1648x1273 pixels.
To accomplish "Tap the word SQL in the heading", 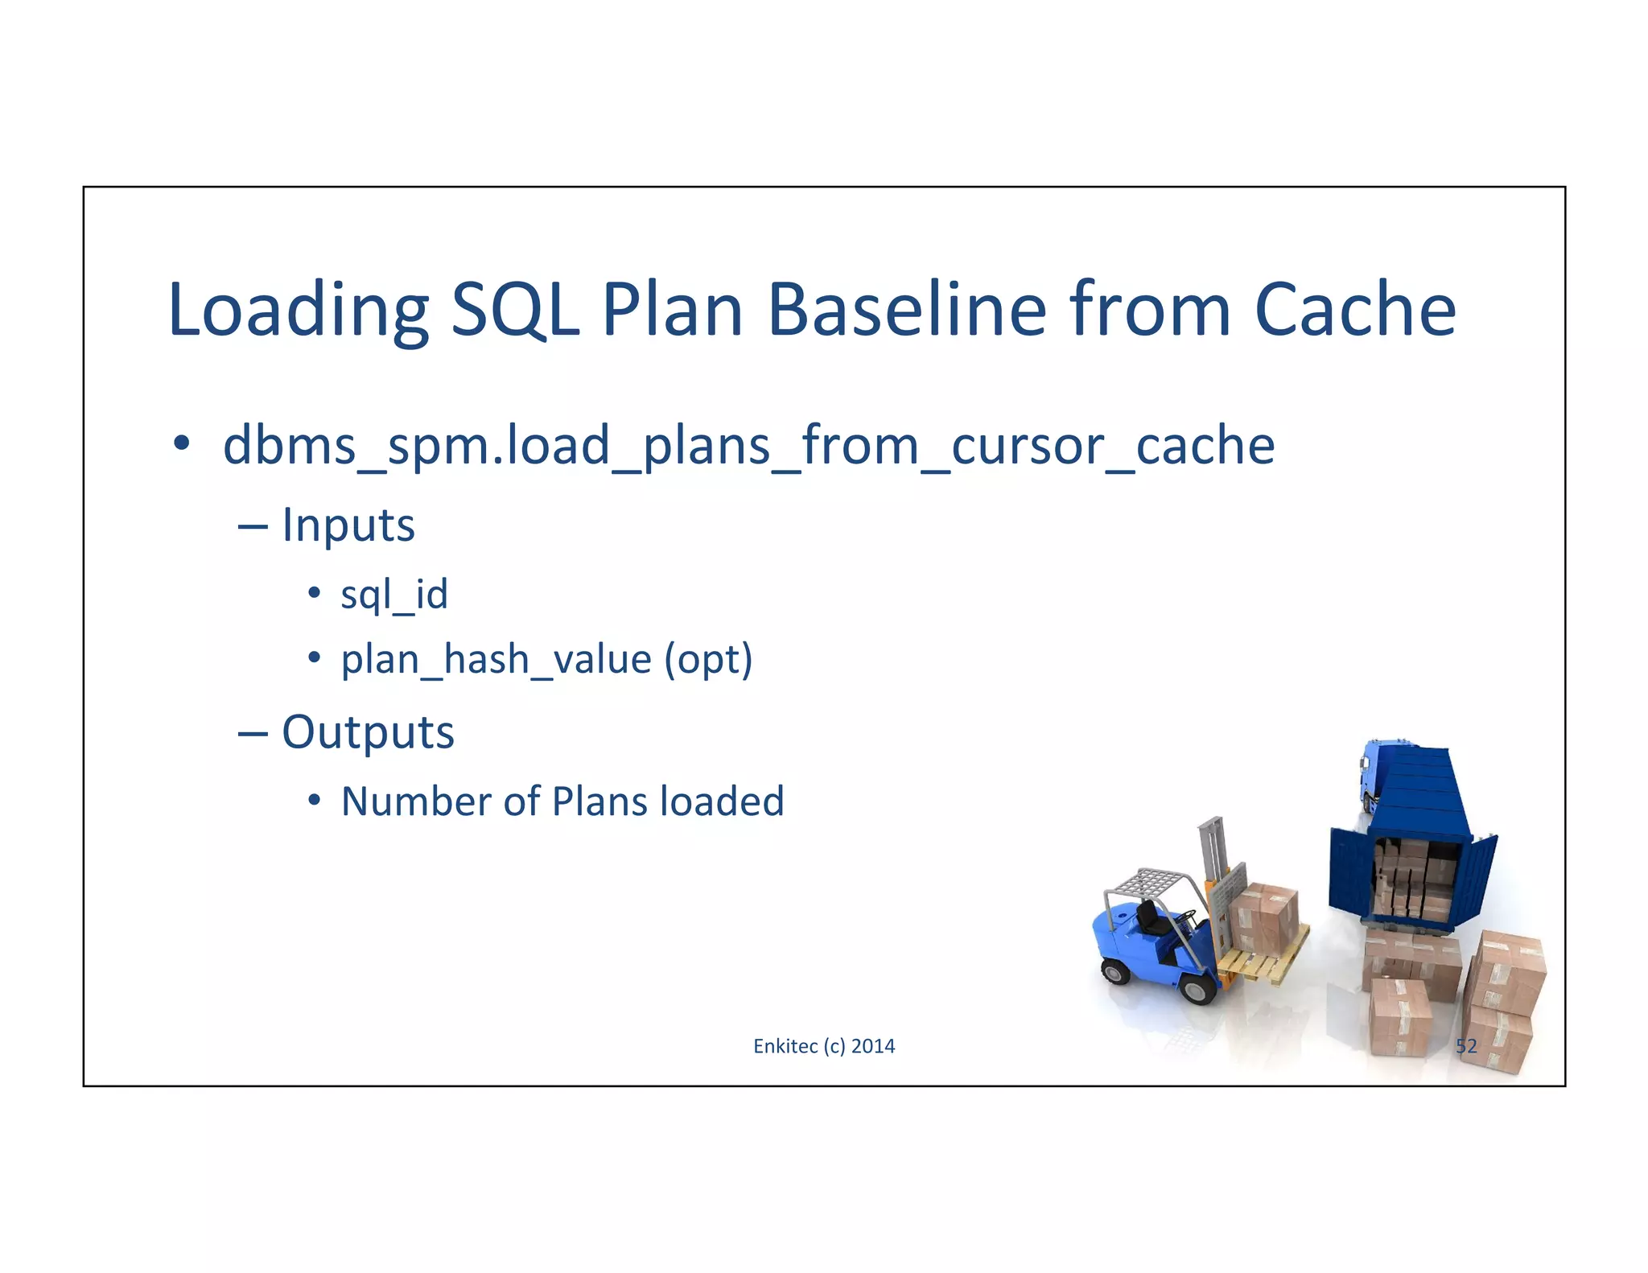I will click(515, 311).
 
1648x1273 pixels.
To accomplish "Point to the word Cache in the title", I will click(1355, 311).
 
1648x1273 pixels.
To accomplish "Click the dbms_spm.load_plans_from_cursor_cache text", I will click(748, 447).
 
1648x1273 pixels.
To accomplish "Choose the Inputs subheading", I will click(348, 525).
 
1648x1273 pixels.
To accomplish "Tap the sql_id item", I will click(394, 595).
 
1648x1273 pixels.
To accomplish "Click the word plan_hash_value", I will click(496, 660).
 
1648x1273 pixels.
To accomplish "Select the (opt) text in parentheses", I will click(708, 660).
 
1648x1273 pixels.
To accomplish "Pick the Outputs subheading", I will click(368, 732).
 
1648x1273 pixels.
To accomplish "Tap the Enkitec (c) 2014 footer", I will click(824, 1046).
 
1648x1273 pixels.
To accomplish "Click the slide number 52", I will click(1466, 1046).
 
